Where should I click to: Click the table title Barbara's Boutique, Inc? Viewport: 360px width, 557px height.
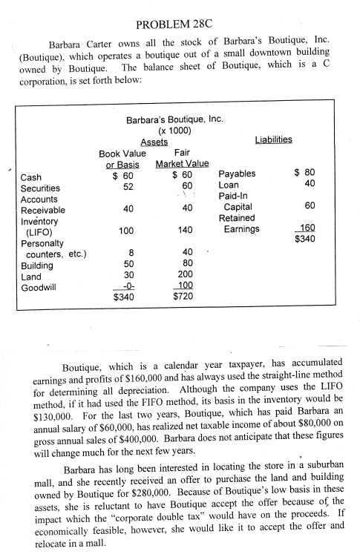click(x=174, y=118)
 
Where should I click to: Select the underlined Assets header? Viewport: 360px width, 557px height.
click(x=154, y=142)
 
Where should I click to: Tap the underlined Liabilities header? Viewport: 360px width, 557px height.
click(x=274, y=139)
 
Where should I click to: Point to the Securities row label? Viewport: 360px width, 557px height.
click(x=42, y=188)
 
